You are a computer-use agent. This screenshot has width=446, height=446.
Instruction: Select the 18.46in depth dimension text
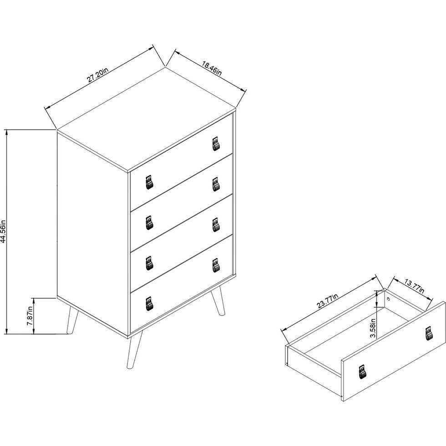coord(212,68)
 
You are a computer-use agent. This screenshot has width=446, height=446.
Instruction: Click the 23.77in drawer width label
coord(327,301)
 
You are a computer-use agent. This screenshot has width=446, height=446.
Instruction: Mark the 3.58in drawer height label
coord(373,328)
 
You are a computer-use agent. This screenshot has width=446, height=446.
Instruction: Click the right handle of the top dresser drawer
coord(216,144)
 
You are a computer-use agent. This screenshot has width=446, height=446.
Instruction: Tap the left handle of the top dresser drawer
coord(149,182)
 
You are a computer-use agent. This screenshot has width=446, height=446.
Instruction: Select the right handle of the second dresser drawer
coord(216,184)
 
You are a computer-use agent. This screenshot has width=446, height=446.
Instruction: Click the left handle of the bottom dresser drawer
coord(149,303)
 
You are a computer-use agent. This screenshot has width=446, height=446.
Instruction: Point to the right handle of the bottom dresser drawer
coord(216,265)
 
